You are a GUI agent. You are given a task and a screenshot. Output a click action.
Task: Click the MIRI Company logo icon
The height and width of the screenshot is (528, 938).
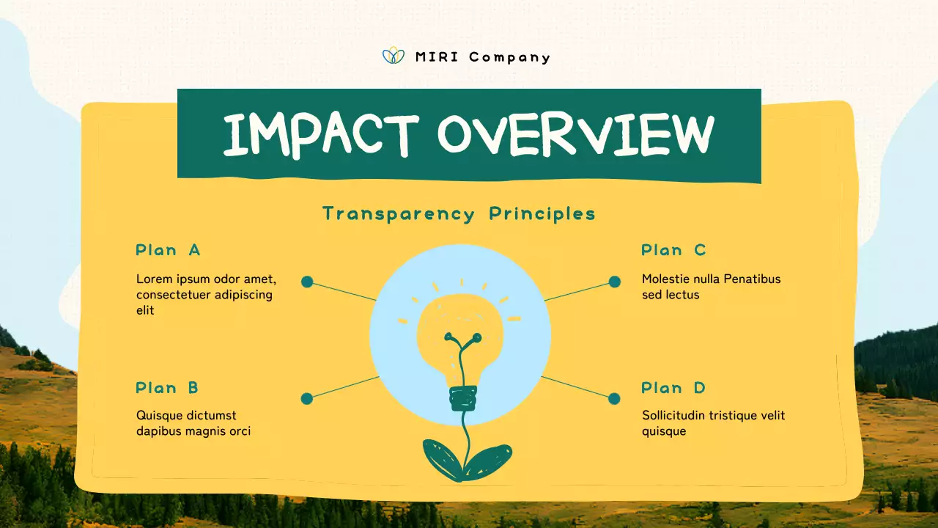point(394,56)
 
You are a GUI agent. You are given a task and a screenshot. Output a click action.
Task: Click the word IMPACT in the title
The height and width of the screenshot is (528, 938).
point(320,135)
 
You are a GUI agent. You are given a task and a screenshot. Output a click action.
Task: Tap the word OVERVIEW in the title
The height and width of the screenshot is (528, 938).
point(575,135)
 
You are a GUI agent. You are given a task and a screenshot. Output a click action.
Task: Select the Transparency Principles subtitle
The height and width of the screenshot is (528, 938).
point(459,213)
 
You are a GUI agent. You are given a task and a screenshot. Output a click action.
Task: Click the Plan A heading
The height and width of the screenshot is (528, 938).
point(168,250)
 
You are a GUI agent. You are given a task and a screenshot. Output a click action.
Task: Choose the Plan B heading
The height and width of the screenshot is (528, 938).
point(167,388)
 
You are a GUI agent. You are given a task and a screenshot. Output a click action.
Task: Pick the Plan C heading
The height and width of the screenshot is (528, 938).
point(673,250)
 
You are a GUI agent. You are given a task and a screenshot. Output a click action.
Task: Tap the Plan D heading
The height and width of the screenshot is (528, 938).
point(673,388)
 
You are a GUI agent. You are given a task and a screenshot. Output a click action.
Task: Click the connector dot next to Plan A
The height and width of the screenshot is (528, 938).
point(307,282)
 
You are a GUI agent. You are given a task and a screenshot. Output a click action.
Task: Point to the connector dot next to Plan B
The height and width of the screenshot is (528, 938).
point(307,399)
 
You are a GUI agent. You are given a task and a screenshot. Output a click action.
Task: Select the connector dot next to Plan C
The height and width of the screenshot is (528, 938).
point(615,282)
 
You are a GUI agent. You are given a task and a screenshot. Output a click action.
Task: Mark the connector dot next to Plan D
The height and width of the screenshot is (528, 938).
point(614,399)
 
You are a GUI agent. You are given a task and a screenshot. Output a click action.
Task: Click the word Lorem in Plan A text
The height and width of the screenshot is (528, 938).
point(152,279)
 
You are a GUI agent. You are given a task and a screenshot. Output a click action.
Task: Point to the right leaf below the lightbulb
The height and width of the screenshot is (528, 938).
point(489,461)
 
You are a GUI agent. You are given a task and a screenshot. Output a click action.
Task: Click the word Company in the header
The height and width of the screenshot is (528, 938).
point(509,57)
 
